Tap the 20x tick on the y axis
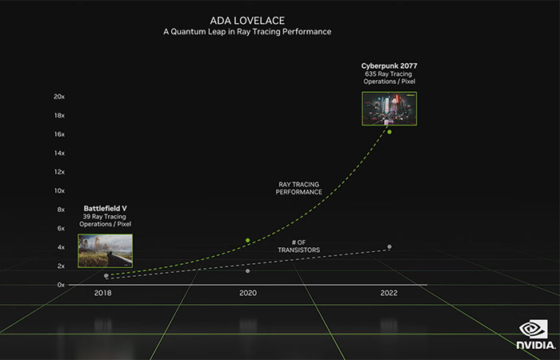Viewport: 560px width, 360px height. click(58, 97)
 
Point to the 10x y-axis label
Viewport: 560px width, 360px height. click(58, 190)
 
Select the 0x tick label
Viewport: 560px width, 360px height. click(60, 284)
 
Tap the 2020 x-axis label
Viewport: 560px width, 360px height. click(248, 294)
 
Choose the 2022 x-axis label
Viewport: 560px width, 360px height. click(389, 294)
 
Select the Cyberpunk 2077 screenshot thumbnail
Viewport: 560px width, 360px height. click(390, 107)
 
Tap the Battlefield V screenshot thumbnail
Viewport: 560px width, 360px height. click(106, 250)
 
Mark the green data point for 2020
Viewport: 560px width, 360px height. click(248, 240)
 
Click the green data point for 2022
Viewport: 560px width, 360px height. click(390, 131)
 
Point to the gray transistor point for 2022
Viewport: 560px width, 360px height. click(390, 246)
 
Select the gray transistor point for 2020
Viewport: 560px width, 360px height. click(248, 271)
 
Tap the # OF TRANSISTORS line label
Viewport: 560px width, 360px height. click(298, 246)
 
